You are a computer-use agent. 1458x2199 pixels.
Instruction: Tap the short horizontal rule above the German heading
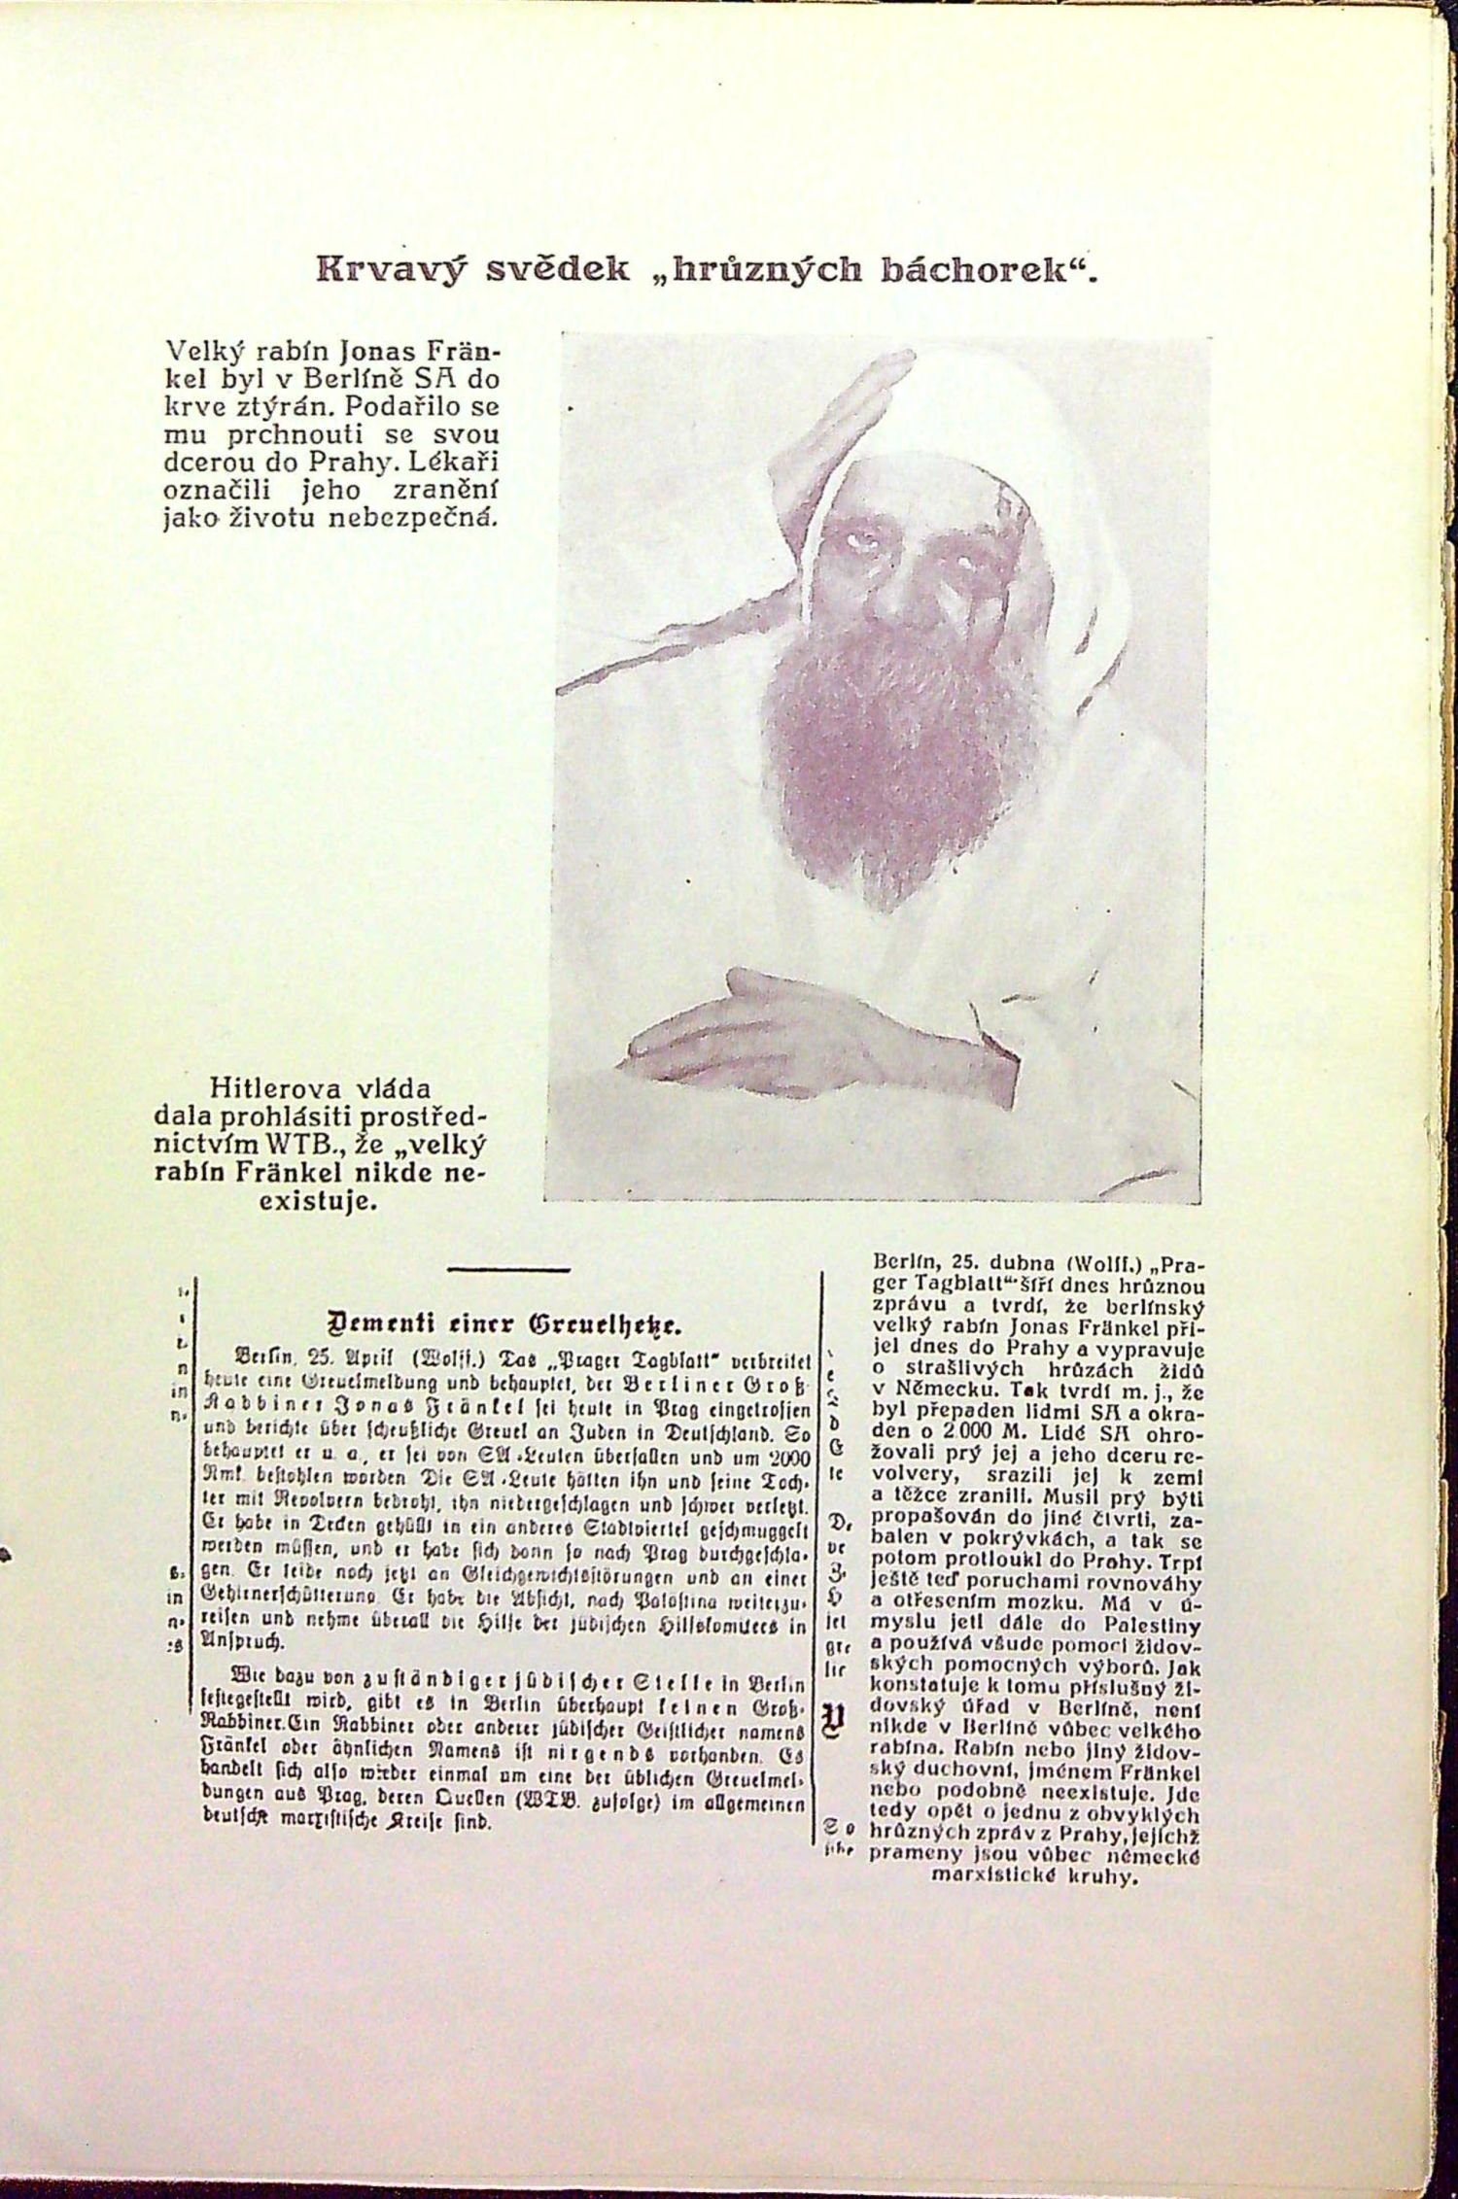pyautogui.click(x=508, y=1269)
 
